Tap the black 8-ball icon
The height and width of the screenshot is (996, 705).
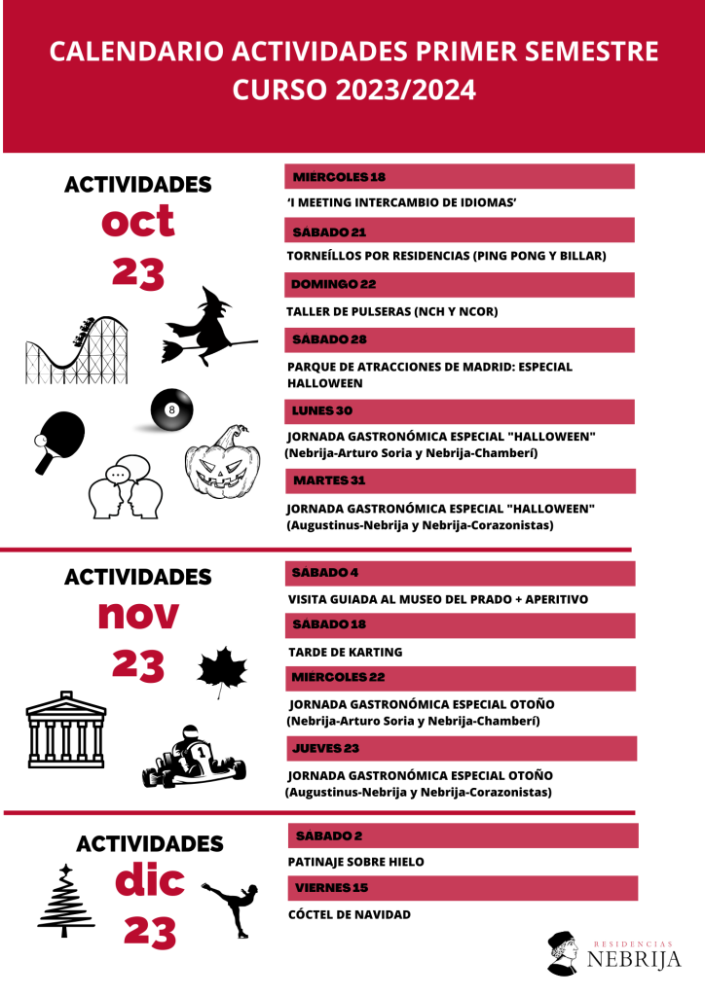click(171, 411)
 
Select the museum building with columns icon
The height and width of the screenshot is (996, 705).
click(67, 729)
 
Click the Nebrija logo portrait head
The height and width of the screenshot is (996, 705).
click(564, 953)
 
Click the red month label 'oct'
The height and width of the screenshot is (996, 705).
click(138, 222)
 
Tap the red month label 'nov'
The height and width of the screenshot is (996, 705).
click(138, 615)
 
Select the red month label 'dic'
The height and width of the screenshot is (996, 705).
click(149, 881)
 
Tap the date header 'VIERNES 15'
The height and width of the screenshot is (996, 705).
click(331, 887)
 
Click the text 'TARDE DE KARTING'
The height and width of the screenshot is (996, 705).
click(346, 652)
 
